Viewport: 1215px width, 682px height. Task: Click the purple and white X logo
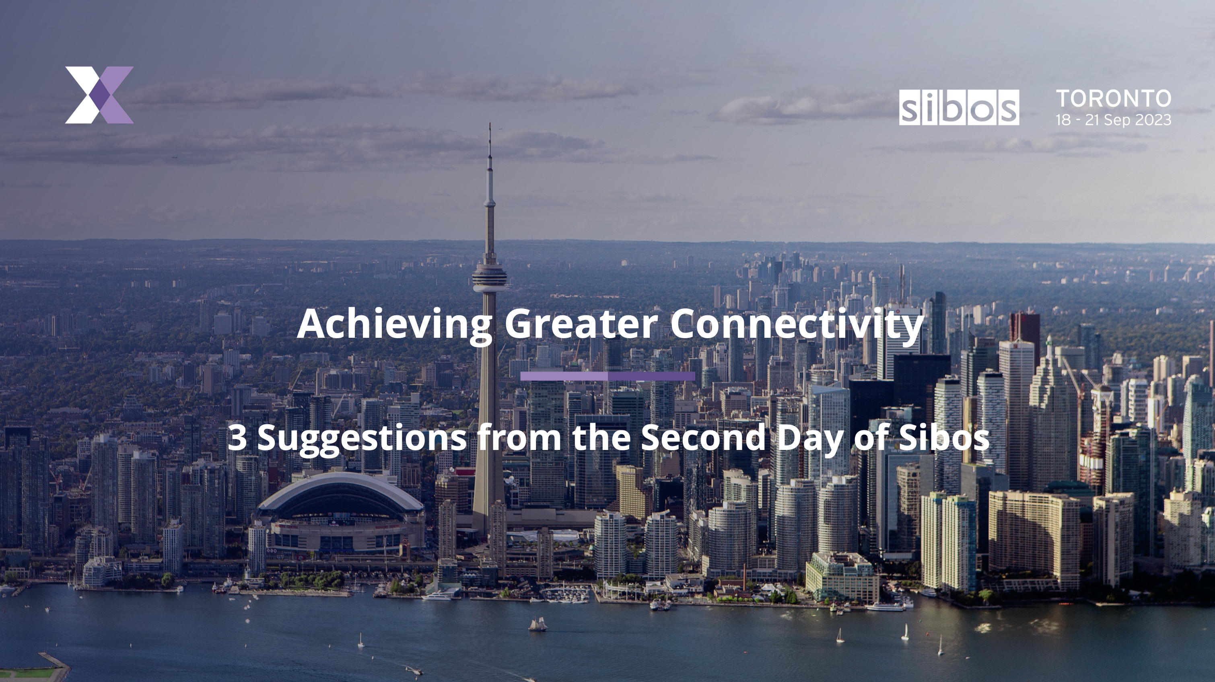tap(99, 95)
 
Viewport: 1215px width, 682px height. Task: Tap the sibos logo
tap(958, 107)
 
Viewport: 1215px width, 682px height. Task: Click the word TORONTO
tap(1114, 99)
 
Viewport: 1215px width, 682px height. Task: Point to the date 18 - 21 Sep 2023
tap(1113, 120)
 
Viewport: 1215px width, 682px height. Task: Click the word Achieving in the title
tap(394, 324)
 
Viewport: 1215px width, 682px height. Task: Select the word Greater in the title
tap(581, 324)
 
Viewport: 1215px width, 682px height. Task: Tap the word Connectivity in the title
tap(796, 324)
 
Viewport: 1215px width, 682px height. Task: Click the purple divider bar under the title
tap(607, 376)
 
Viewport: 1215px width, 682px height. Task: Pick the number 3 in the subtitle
tap(237, 437)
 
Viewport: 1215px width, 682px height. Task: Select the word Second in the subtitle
tap(702, 437)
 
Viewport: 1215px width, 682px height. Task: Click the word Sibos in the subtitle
tap(944, 437)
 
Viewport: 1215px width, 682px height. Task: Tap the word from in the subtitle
tap(519, 437)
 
